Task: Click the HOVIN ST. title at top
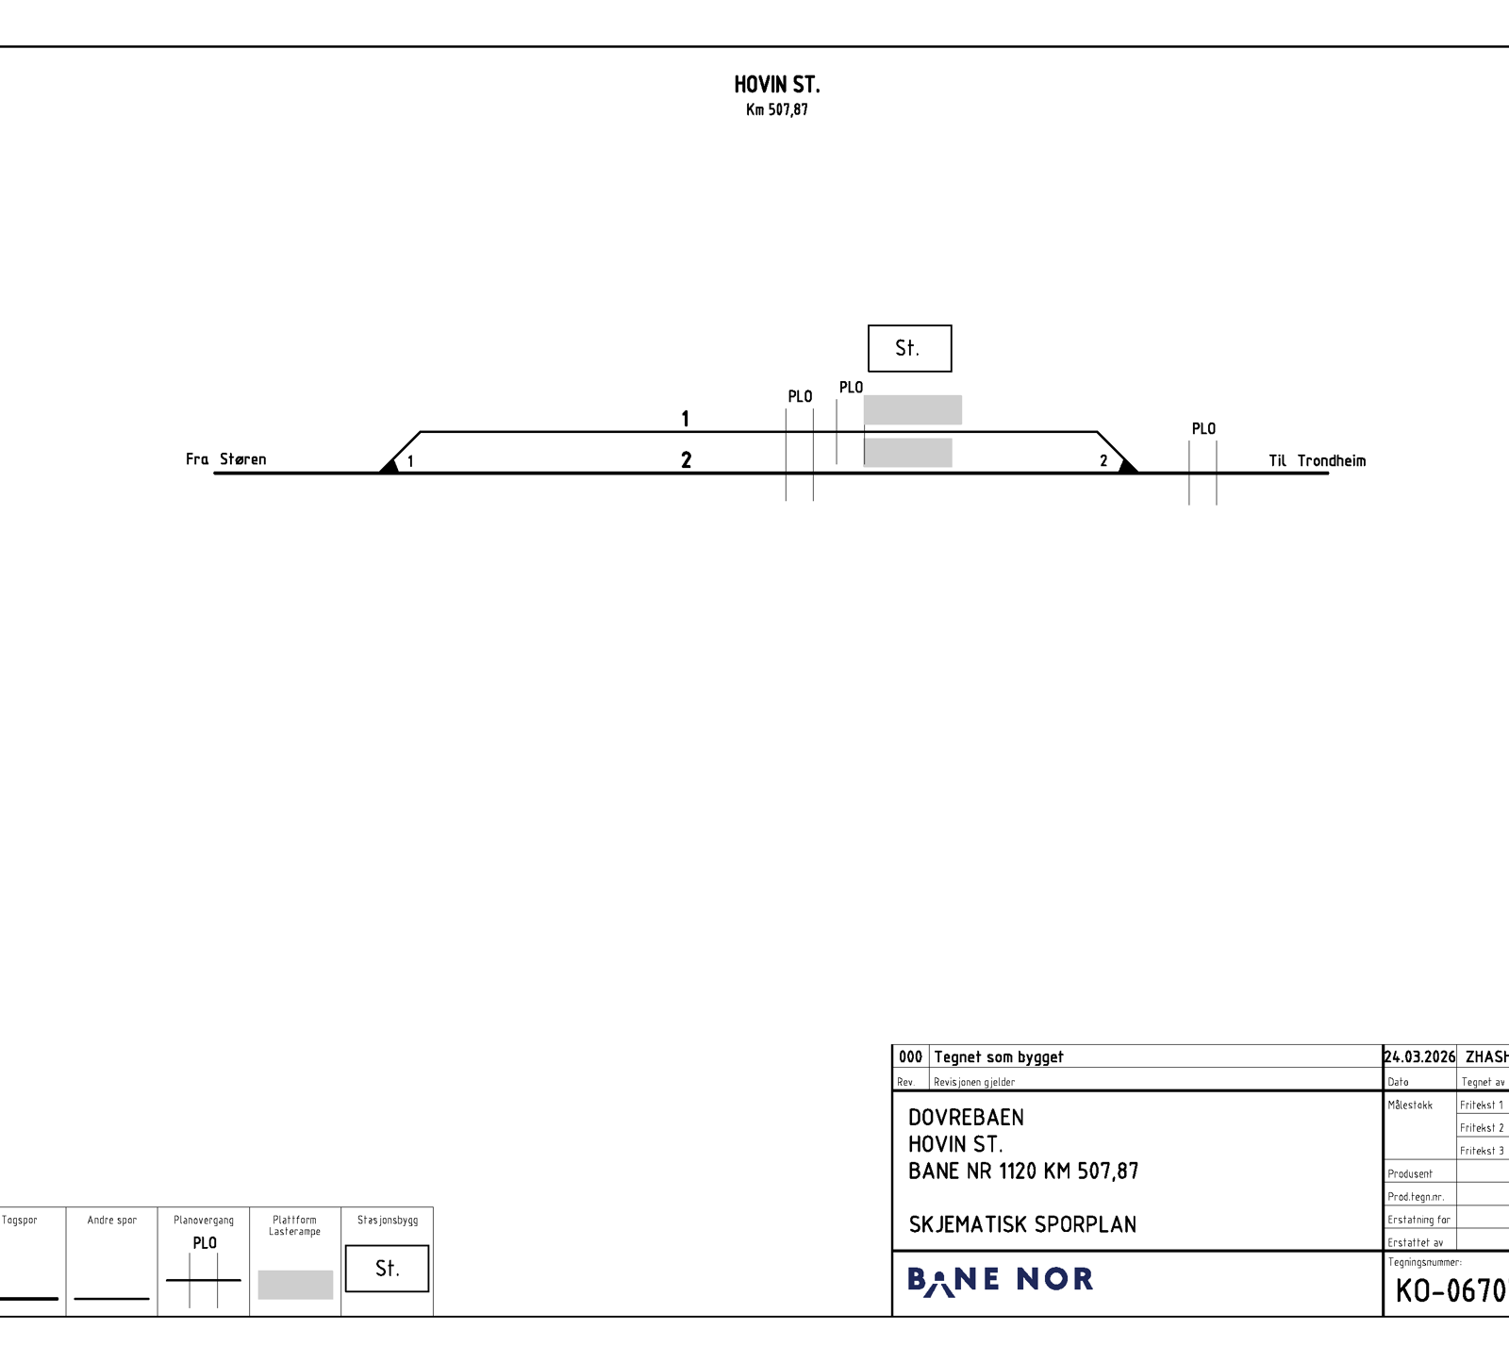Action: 777,85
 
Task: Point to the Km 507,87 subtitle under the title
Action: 777,109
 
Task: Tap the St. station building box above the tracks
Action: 909,348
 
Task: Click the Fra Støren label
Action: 226,459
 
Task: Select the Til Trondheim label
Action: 1317,460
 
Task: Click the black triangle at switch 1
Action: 390,465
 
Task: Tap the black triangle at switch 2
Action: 1127,465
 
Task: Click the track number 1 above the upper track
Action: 686,418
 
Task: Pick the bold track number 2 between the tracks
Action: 687,459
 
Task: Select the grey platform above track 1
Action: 913,409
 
